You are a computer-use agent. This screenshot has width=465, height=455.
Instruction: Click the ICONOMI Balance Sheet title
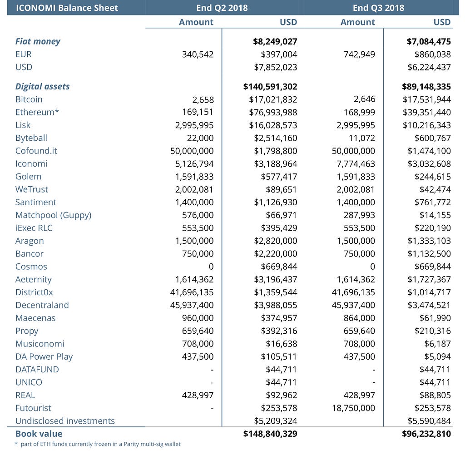pos(67,8)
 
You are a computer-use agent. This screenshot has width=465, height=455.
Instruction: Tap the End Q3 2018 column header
pos(378,8)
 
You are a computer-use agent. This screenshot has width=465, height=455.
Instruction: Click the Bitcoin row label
pos(29,99)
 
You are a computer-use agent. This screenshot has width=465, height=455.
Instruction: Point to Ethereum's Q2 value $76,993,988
pos(273,112)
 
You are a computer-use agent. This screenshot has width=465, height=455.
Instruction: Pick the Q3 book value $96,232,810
pos(426,434)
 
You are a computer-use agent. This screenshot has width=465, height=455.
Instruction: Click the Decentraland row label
pos(42,305)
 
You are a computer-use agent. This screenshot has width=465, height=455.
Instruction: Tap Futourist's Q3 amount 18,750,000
pos(354,408)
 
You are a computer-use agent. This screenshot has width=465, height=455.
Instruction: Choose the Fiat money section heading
pos(38,41)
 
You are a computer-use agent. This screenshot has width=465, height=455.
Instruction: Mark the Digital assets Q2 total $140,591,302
pos(270,86)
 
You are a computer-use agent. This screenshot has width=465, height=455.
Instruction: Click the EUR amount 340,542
pos(197,54)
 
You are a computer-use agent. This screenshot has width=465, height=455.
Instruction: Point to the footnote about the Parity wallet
pos(98,444)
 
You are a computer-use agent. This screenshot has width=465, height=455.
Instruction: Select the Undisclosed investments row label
pos(65,421)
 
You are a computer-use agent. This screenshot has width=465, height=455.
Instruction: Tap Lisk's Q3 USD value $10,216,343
pos(427,125)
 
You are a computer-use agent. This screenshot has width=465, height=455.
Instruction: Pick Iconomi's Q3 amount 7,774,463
pos(354,163)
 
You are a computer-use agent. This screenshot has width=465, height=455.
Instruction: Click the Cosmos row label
pos(31,267)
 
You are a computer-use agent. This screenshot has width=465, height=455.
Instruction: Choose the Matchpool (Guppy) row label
pos(54,215)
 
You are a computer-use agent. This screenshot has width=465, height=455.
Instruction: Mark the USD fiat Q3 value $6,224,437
pos(429,67)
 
